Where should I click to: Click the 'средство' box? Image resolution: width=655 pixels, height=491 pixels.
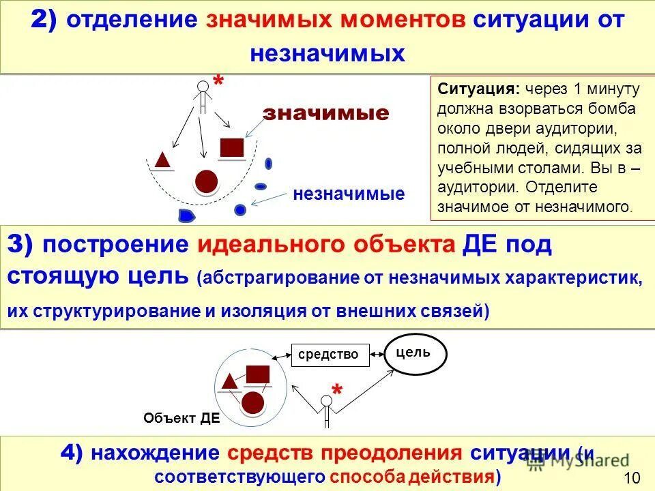[329, 354]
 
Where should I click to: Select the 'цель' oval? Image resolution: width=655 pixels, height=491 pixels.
[418, 354]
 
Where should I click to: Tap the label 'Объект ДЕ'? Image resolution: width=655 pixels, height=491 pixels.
[182, 419]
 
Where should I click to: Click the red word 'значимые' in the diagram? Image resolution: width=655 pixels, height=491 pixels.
[326, 113]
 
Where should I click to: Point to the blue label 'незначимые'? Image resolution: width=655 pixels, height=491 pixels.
[349, 194]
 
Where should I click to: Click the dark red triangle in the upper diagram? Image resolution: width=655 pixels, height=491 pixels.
[162, 160]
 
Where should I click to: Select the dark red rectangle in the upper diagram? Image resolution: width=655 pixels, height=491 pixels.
[232, 148]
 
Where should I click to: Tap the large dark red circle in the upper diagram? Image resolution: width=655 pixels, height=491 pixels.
[206, 181]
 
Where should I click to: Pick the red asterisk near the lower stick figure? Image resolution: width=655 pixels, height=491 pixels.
[337, 391]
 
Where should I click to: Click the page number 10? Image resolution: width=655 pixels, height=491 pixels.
[632, 477]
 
